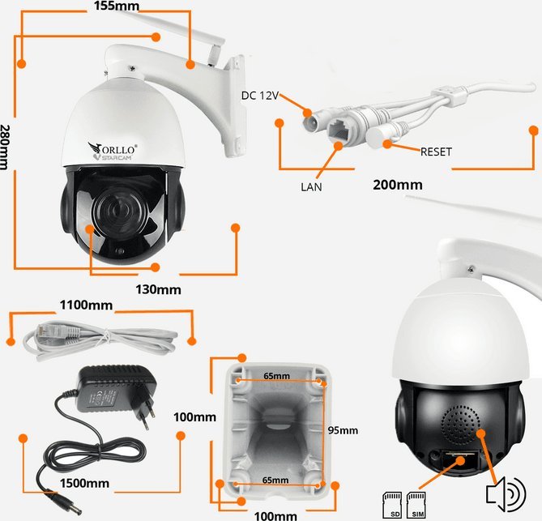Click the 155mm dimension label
tap(116, 6)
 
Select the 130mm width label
tap(158, 288)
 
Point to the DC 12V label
tap(260, 96)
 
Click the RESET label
tap(436, 152)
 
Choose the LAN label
tap(312, 186)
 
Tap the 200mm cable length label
tap(397, 185)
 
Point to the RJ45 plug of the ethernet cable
tap(45, 331)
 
